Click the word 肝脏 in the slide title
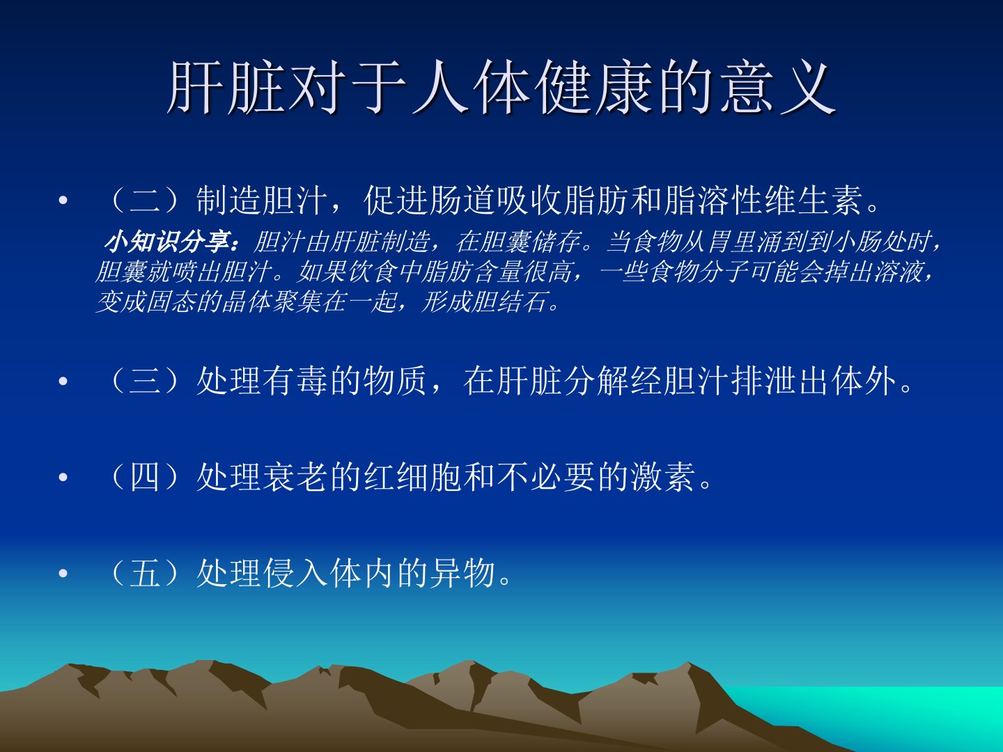pyautogui.click(x=225, y=87)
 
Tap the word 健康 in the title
pyautogui.click(x=595, y=87)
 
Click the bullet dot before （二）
pyautogui.click(x=63, y=200)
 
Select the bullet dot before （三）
pyautogui.click(x=63, y=381)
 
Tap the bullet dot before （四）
pyautogui.click(x=63, y=477)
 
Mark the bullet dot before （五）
pyautogui.click(x=63, y=574)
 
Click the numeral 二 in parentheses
pyautogui.click(x=146, y=201)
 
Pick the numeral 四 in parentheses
pyautogui.click(x=146, y=477)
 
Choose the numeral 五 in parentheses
pyautogui.click(x=146, y=574)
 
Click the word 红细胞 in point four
pyautogui.click(x=413, y=477)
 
